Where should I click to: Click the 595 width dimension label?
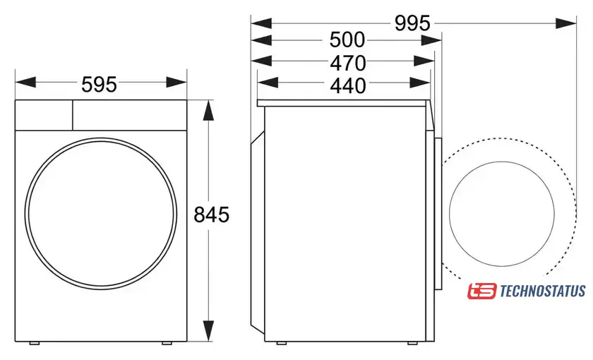pyautogui.click(x=99, y=84)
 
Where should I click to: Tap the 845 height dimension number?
pyautogui.click(x=211, y=215)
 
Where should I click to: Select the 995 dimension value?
pyautogui.click(x=412, y=23)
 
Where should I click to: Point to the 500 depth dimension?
pyautogui.click(x=347, y=40)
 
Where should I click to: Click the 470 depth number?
pyautogui.click(x=348, y=63)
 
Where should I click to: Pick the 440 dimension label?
pyautogui.click(x=348, y=86)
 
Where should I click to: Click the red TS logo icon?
pyautogui.click(x=481, y=291)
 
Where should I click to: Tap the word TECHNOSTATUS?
pyautogui.click(x=543, y=291)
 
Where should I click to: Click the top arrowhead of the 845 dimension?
pyautogui.click(x=208, y=110)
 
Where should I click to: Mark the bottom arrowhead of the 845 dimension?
pyautogui.click(x=208, y=330)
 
